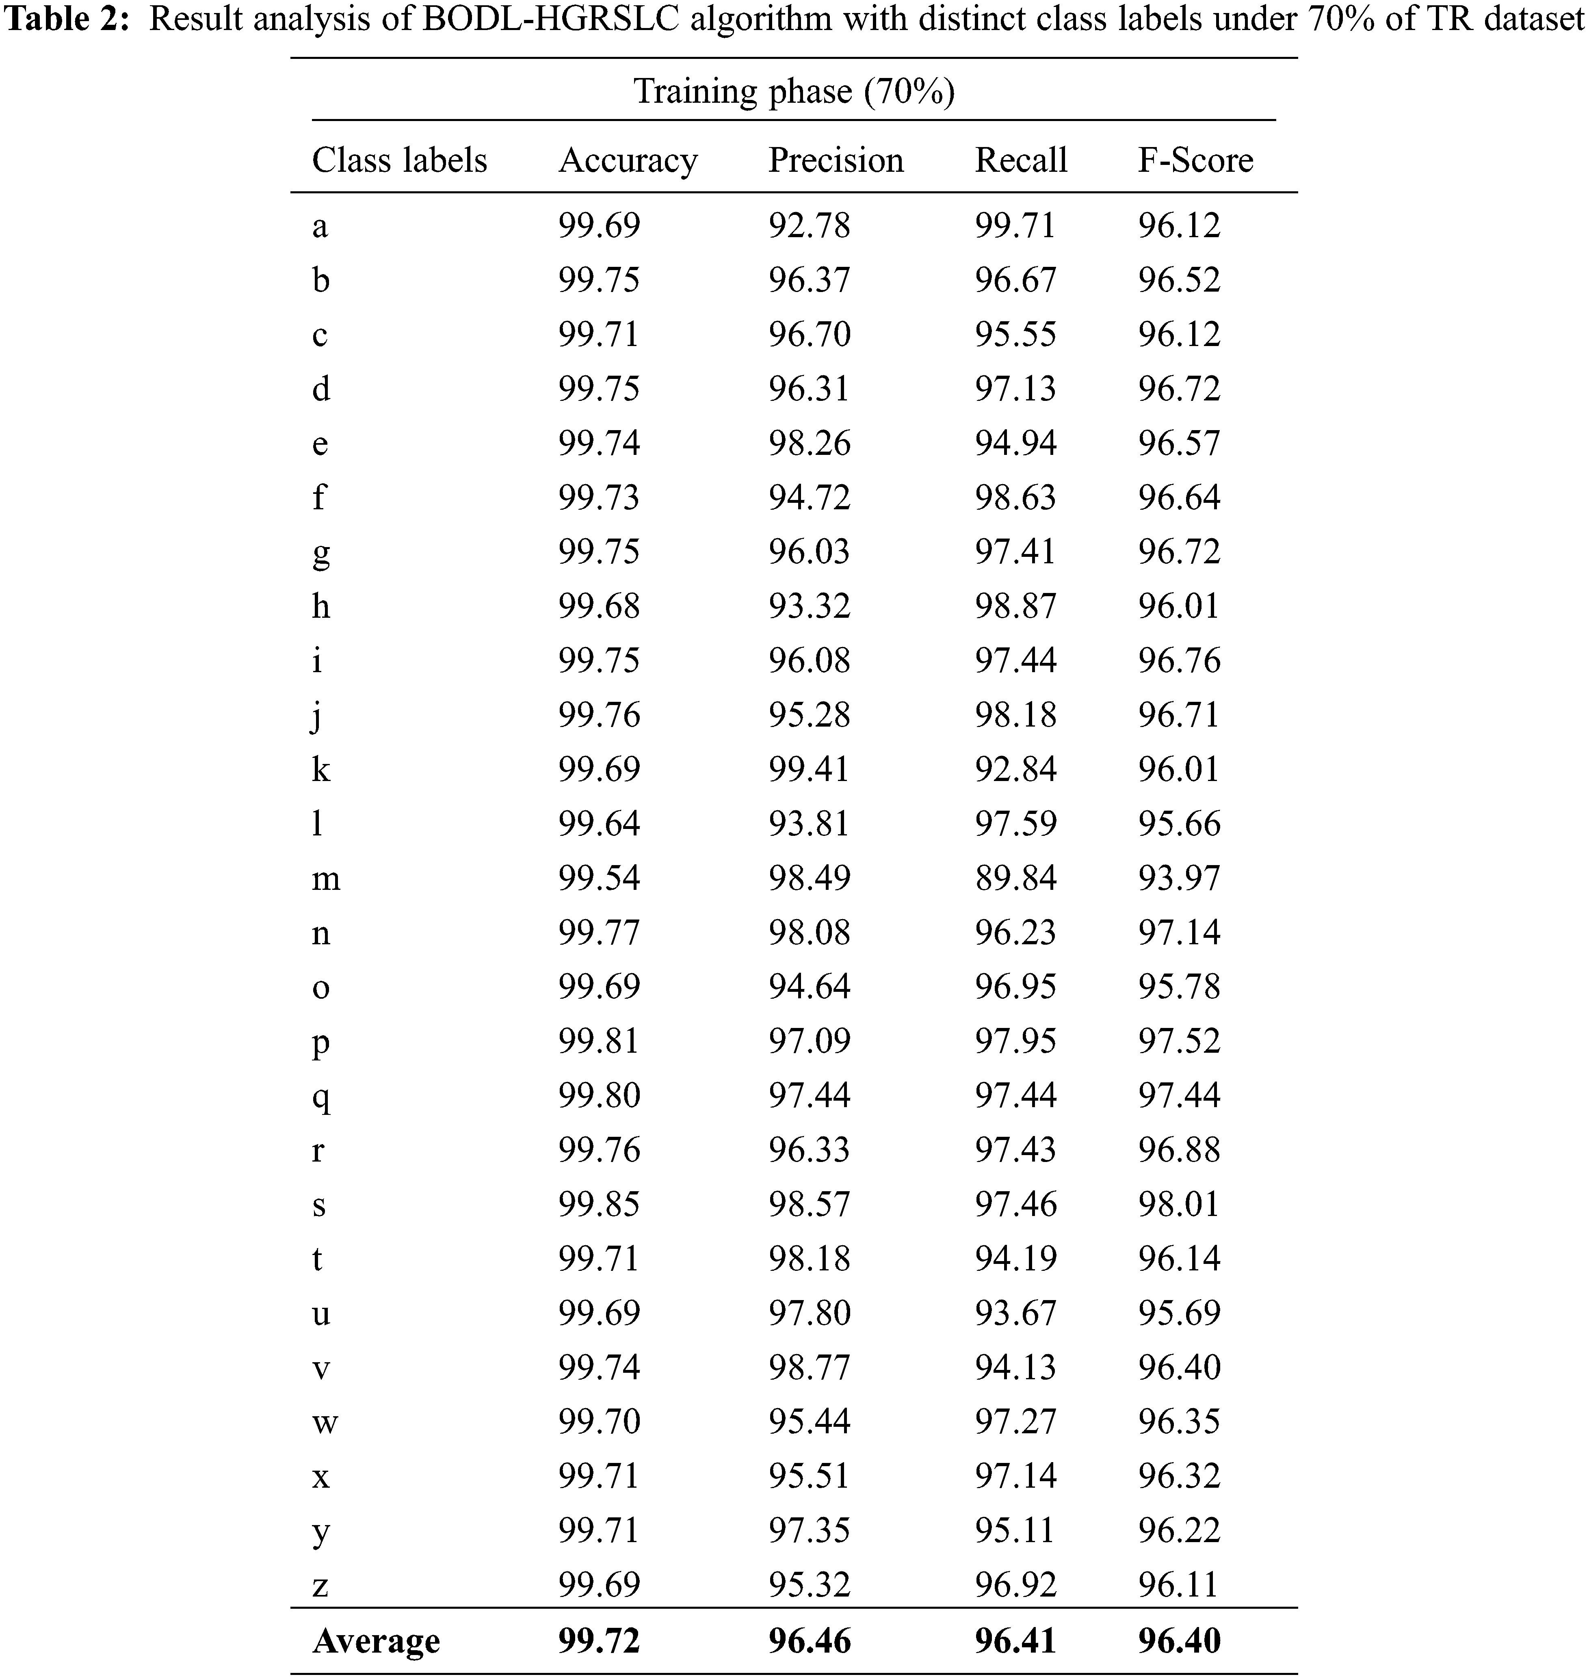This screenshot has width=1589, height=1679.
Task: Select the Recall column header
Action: point(1021,160)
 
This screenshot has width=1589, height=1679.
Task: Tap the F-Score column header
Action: point(1195,160)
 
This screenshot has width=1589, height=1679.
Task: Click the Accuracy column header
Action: point(628,160)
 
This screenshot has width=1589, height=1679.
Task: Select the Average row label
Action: point(376,1642)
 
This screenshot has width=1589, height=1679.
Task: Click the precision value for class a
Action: point(809,225)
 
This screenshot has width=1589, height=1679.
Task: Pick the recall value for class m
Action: point(1015,878)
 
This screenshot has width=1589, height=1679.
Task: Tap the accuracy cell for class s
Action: point(599,1204)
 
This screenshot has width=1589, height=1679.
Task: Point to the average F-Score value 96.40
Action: point(1179,1642)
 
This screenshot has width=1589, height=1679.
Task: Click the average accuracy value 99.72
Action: point(599,1642)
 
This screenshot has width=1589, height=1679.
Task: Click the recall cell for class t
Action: point(1015,1258)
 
